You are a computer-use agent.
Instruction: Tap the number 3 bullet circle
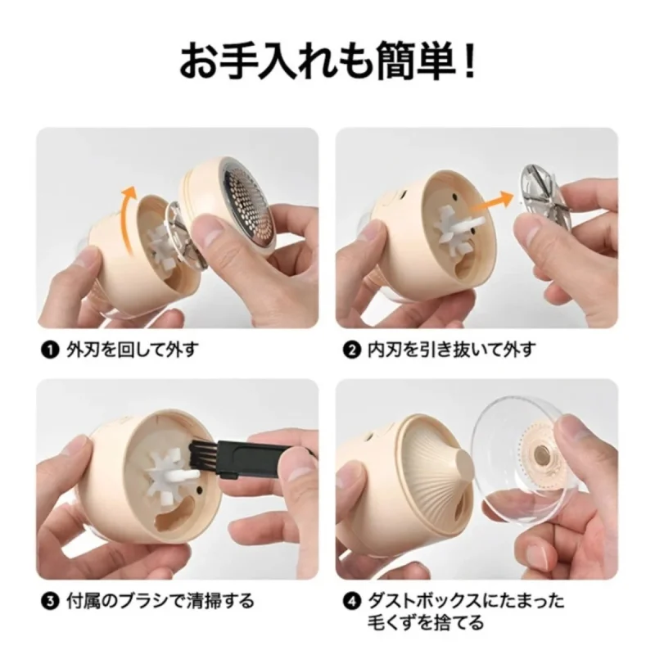point(49,602)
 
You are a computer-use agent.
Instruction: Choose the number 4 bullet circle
point(351,602)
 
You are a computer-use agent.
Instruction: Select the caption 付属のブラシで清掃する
point(160,602)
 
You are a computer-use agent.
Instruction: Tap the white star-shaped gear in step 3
point(166,476)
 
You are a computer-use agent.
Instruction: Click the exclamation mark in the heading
point(470,62)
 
